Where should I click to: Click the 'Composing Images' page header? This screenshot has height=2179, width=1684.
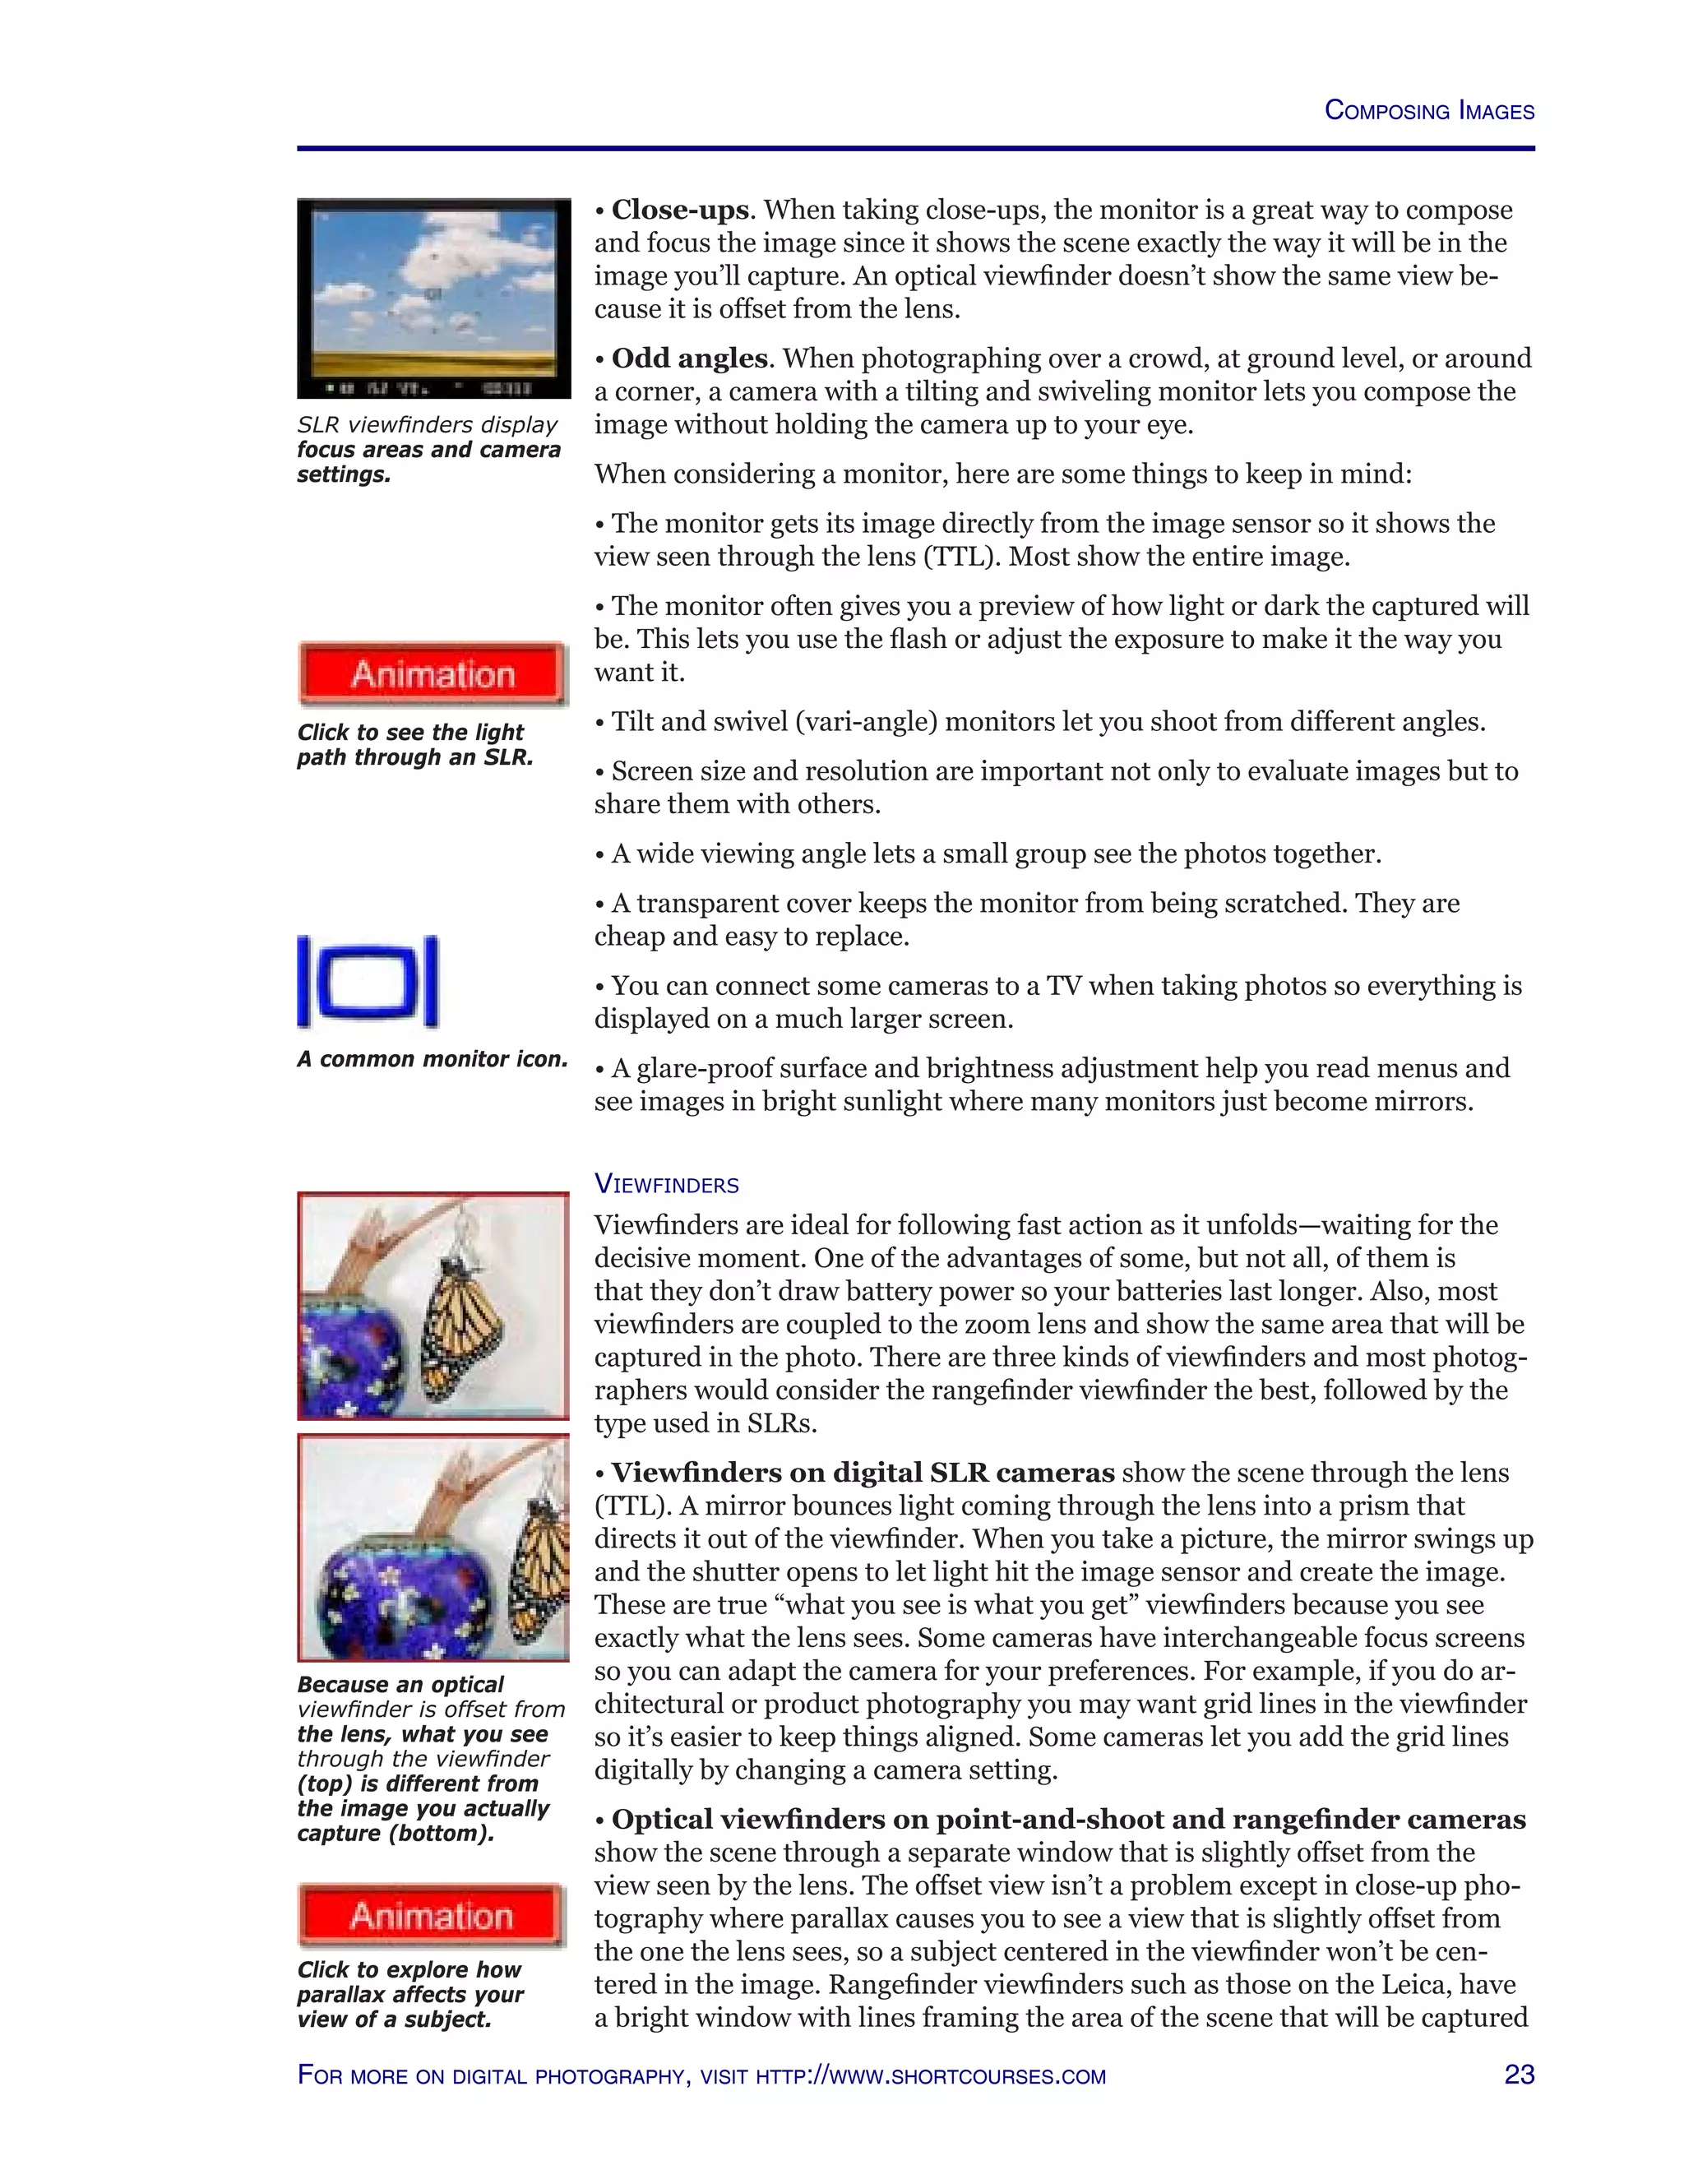click(1427, 111)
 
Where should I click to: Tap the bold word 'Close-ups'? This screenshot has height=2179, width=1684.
click(679, 210)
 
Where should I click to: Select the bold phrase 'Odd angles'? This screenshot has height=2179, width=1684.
click(689, 359)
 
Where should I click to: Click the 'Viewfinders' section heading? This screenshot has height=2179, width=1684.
click(666, 1184)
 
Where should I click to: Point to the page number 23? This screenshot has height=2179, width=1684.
click(1519, 2075)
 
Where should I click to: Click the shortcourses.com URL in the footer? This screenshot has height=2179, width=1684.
click(930, 2076)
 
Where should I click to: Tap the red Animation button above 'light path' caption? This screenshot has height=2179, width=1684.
click(432, 674)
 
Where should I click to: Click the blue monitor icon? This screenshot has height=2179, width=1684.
click(368, 982)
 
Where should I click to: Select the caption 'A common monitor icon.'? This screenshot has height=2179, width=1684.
click(432, 1060)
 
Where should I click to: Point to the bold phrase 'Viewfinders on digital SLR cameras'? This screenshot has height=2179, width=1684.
click(863, 1473)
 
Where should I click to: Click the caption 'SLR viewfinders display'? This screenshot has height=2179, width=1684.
click(427, 425)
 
